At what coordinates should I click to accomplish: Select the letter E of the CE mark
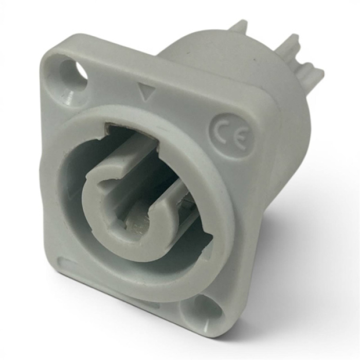(239, 139)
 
